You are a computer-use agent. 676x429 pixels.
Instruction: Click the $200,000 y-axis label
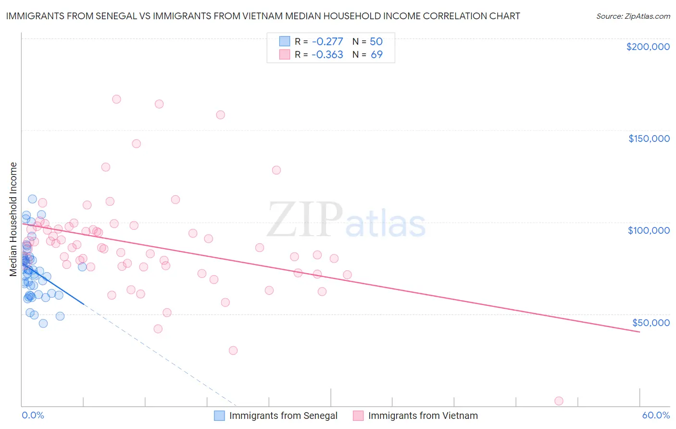tap(648, 47)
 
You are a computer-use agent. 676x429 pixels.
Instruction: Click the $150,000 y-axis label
tap(649, 139)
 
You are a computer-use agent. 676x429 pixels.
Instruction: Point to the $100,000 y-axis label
tap(649, 230)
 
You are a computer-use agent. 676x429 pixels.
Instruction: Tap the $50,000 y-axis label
tap(651, 323)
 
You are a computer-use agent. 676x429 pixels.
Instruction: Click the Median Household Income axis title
tap(13, 219)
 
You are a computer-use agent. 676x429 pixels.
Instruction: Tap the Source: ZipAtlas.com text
tap(633, 16)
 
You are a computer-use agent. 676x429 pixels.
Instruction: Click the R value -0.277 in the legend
tap(327, 42)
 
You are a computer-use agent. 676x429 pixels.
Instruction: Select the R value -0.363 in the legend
tap(327, 55)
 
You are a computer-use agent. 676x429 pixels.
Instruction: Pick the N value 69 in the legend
tap(376, 55)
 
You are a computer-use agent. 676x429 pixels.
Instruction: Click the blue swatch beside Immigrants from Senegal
tap(219, 416)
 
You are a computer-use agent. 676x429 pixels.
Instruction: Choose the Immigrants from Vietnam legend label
tap(423, 416)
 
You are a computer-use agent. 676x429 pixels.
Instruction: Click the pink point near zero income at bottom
tap(559, 401)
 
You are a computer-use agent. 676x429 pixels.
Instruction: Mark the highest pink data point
tap(116, 99)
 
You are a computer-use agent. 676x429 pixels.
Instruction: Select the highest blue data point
tap(32, 199)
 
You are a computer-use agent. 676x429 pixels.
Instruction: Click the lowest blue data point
tap(43, 323)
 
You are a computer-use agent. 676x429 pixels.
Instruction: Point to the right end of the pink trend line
tap(639, 332)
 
